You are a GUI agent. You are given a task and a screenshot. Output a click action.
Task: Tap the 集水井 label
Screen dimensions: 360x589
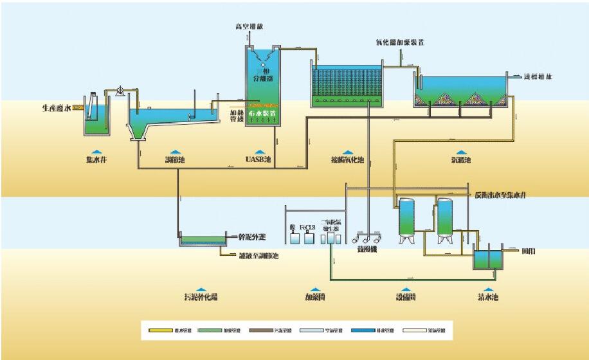point(96,159)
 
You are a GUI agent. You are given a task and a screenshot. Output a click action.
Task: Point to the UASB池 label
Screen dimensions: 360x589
point(258,159)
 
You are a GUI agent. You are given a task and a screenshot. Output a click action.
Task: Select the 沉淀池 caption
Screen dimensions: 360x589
point(462,159)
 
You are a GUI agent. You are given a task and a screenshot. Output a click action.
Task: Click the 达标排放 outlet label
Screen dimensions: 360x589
point(535,76)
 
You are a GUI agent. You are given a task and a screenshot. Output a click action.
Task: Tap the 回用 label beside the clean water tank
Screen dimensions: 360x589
point(529,251)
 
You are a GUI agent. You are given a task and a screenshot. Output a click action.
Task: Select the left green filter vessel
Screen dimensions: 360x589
point(406,219)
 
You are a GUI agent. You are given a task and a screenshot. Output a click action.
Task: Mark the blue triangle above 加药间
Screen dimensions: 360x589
point(315,289)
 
